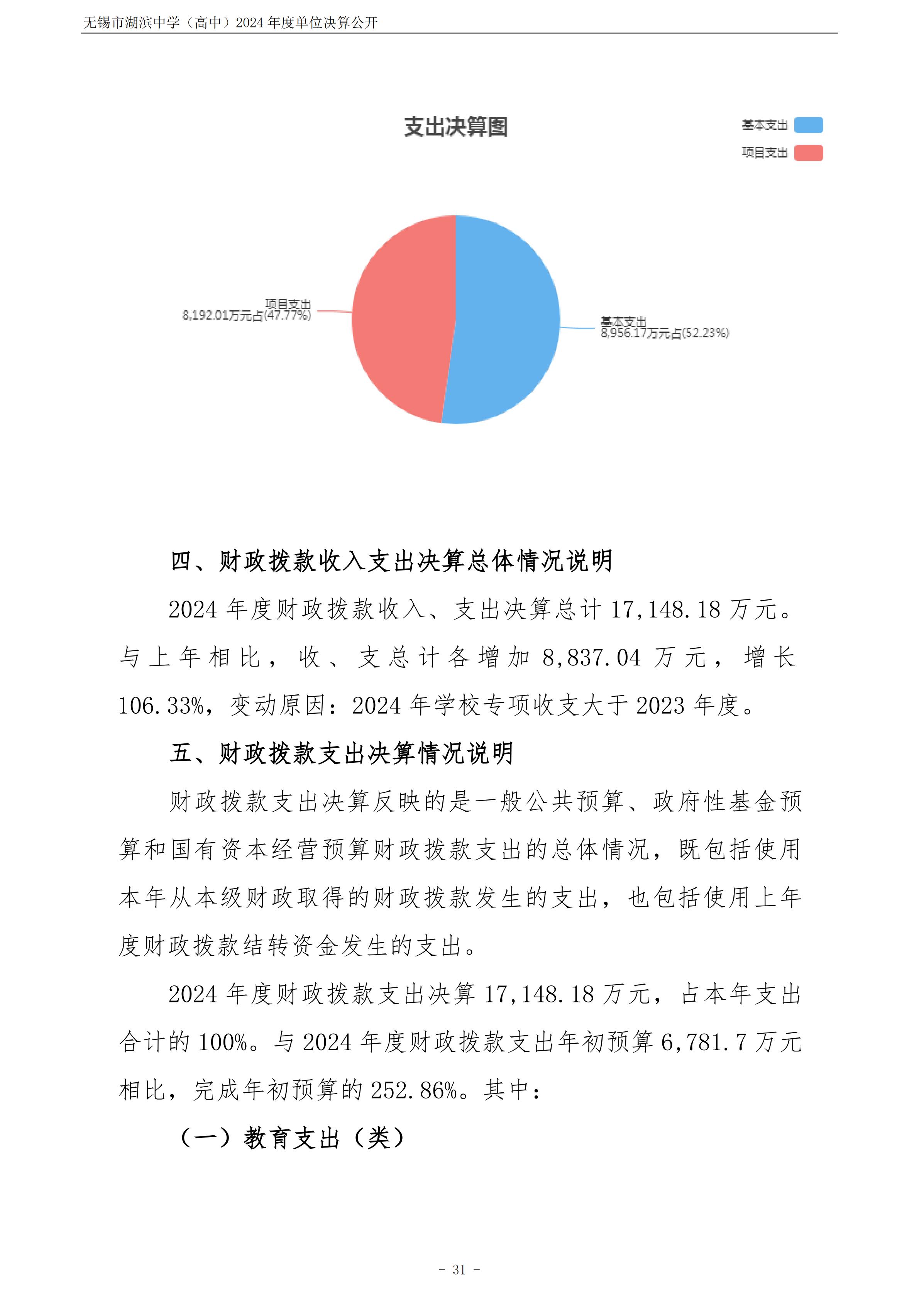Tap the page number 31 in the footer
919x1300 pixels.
[459, 1270]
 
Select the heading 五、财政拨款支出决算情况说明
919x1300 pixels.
[342, 753]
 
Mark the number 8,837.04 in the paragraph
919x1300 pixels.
[591, 658]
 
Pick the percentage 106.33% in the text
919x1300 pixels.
[161, 706]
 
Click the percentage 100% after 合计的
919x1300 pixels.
[223, 1043]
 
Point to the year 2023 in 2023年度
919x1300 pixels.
[661, 706]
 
